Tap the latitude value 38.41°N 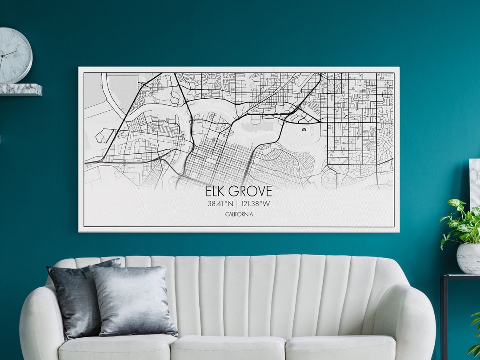click(x=220, y=204)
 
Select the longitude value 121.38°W click(x=255, y=204)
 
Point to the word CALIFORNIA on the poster click(x=239, y=214)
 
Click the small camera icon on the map click(x=304, y=130)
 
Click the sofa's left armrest click(x=40, y=320)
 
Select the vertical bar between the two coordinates click(x=237, y=204)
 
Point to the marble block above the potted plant click(x=475, y=178)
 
